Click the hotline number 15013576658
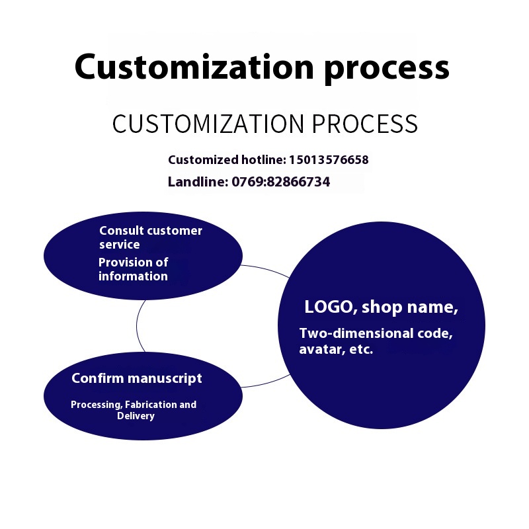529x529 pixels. (x=329, y=159)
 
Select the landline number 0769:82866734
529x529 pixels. (x=280, y=181)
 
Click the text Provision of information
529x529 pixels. (x=133, y=269)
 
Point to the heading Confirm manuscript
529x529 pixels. (x=137, y=378)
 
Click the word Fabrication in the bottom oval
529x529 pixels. (x=150, y=404)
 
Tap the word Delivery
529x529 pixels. (x=136, y=416)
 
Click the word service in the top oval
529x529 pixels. (x=119, y=244)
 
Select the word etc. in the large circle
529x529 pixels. (x=360, y=349)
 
